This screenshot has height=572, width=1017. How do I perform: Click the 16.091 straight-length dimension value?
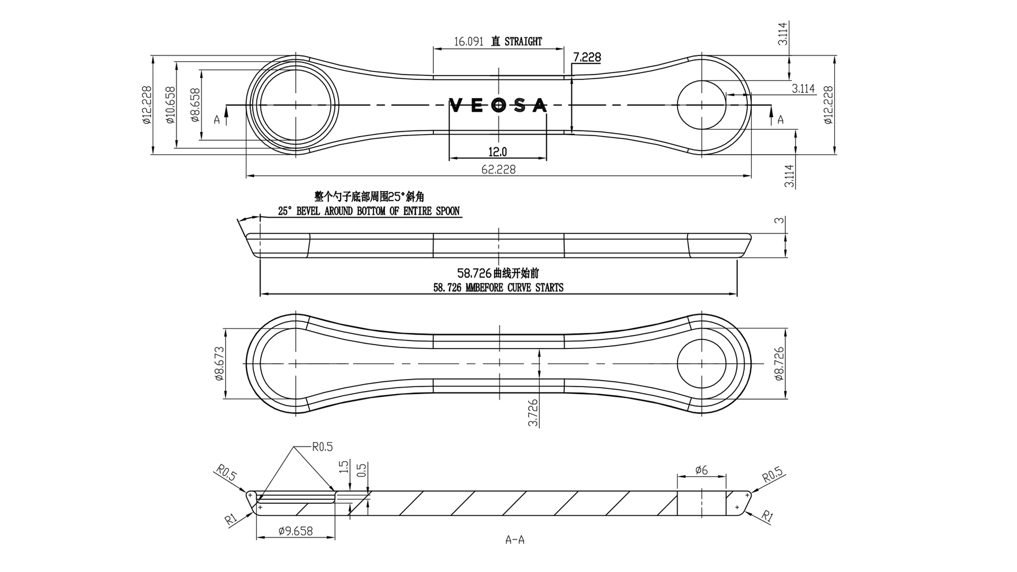click(469, 42)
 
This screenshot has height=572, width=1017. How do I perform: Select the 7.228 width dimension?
click(587, 57)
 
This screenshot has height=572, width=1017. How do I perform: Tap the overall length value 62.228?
click(498, 169)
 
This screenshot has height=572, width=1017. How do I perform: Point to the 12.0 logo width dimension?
click(497, 153)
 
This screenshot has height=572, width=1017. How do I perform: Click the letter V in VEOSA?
click(455, 105)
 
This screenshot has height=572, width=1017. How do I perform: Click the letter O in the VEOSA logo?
click(498, 105)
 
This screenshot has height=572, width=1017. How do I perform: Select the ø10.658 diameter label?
click(170, 105)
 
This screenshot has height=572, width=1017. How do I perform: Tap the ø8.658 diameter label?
click(194, 105)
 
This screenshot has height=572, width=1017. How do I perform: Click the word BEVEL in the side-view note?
click(311, 211)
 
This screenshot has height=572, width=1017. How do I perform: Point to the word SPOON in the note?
click(448, 211)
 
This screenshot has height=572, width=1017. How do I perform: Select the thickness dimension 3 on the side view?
click(779, 220)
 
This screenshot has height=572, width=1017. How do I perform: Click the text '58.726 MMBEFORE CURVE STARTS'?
click(498, 288)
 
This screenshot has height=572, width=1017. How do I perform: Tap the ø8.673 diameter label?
click(219, 364)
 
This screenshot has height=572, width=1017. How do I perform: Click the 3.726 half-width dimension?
click(533, 413)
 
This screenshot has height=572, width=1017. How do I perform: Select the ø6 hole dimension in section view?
click(701, 470)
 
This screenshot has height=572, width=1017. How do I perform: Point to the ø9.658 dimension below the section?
click(295, 531)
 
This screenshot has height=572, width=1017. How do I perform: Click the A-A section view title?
click(515, 540)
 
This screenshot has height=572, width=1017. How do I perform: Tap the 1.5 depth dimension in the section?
click(344, 467)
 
